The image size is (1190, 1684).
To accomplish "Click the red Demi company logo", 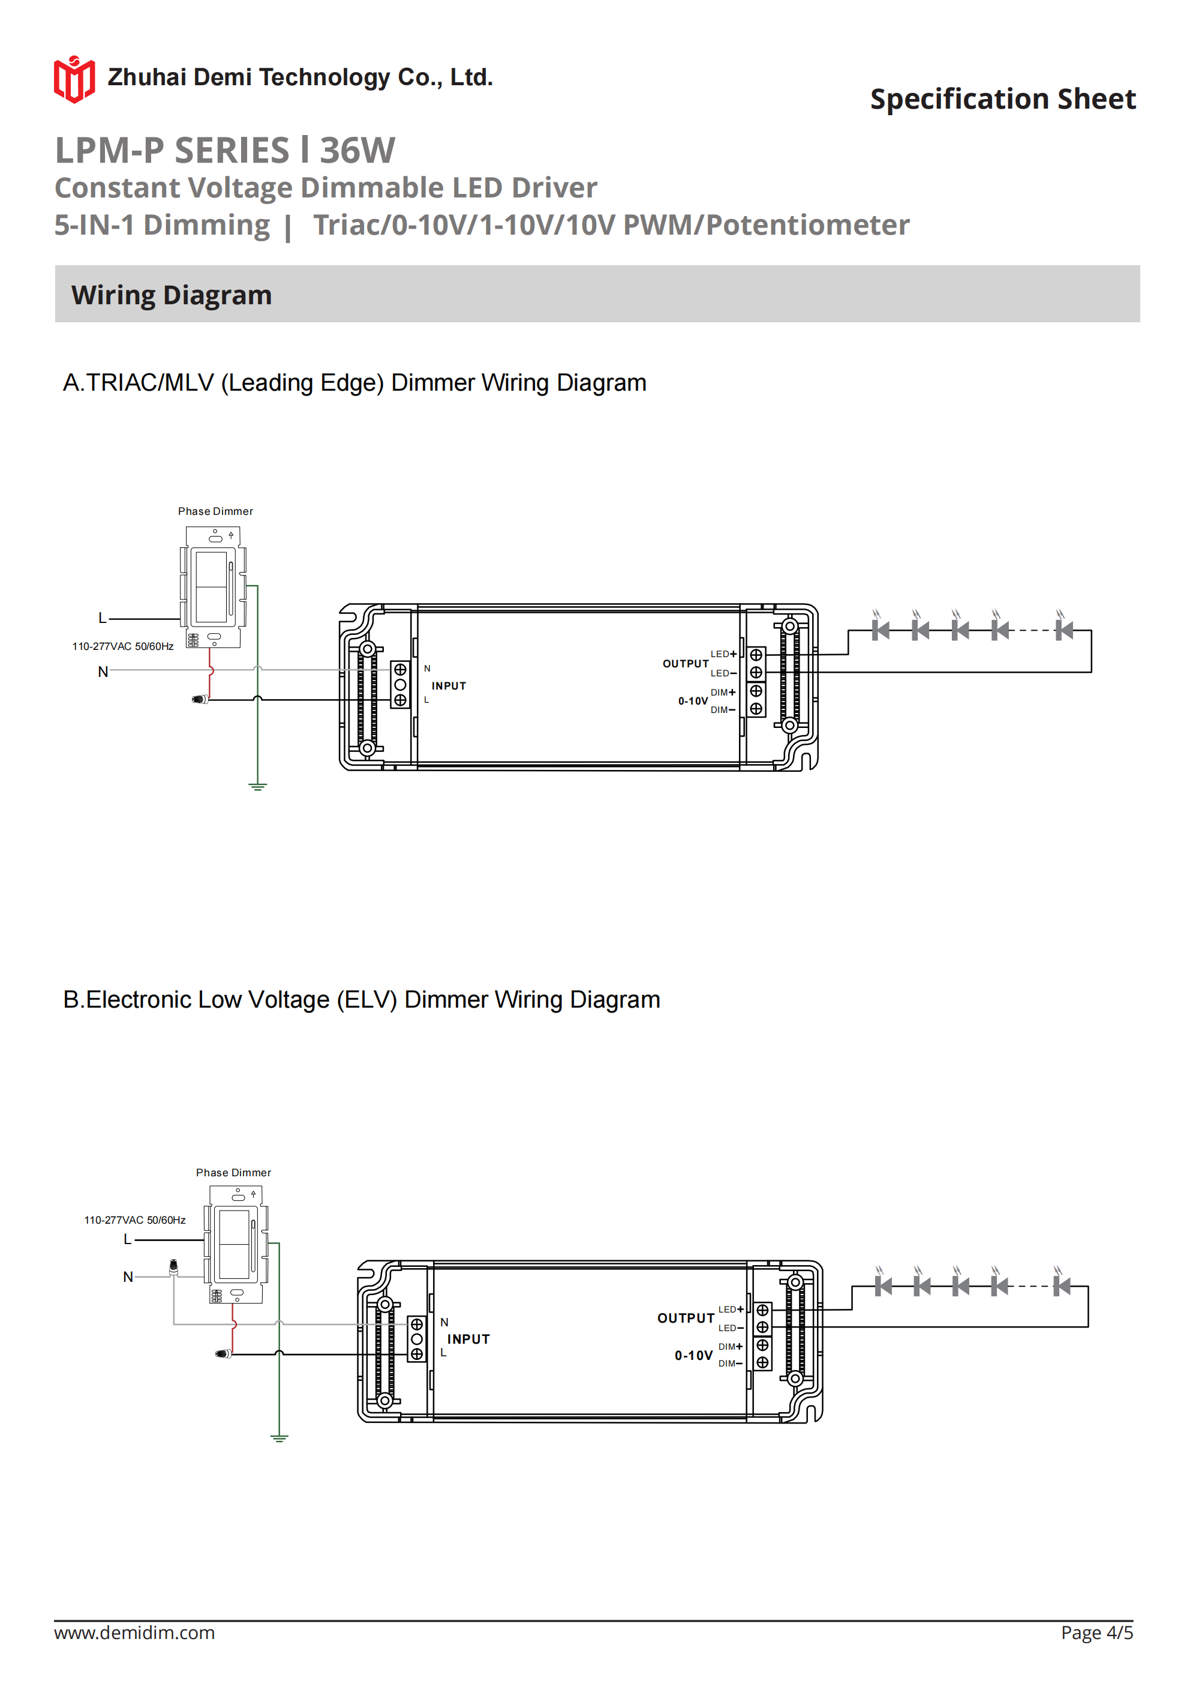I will click(x=74, y=79).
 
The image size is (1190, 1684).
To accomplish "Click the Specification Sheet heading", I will click(x=1002, y=99).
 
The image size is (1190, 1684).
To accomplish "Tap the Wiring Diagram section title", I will click(x=172, y=295).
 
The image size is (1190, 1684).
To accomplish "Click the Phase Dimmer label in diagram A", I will click(x=215, y=511).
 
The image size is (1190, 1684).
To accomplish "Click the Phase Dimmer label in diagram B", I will click(x=233, y=1173).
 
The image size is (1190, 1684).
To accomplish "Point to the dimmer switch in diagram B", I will click(x=235, y=1245).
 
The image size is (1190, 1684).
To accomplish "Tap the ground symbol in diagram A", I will click(x=257, y=786).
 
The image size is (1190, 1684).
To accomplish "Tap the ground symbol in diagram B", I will click(x=279, y=1439).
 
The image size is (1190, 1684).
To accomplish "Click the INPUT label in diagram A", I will click(x=449, y=686).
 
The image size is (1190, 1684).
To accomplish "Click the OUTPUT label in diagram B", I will click(x=686, y=1318).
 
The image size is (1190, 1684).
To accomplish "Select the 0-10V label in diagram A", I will click(x=693, y=701).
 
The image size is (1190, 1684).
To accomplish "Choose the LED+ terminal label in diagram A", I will click(x=723, y=654).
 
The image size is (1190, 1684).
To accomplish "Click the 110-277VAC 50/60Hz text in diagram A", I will click(x=122, y=646).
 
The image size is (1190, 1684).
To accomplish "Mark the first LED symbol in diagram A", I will click(x=880, y=630).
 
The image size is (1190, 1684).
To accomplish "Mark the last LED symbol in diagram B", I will click(x=1061, y=1286).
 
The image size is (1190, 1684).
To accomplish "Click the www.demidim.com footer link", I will click(x=134, y=1632).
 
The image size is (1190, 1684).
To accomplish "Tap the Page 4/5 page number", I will click(x=1096, y=1632).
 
